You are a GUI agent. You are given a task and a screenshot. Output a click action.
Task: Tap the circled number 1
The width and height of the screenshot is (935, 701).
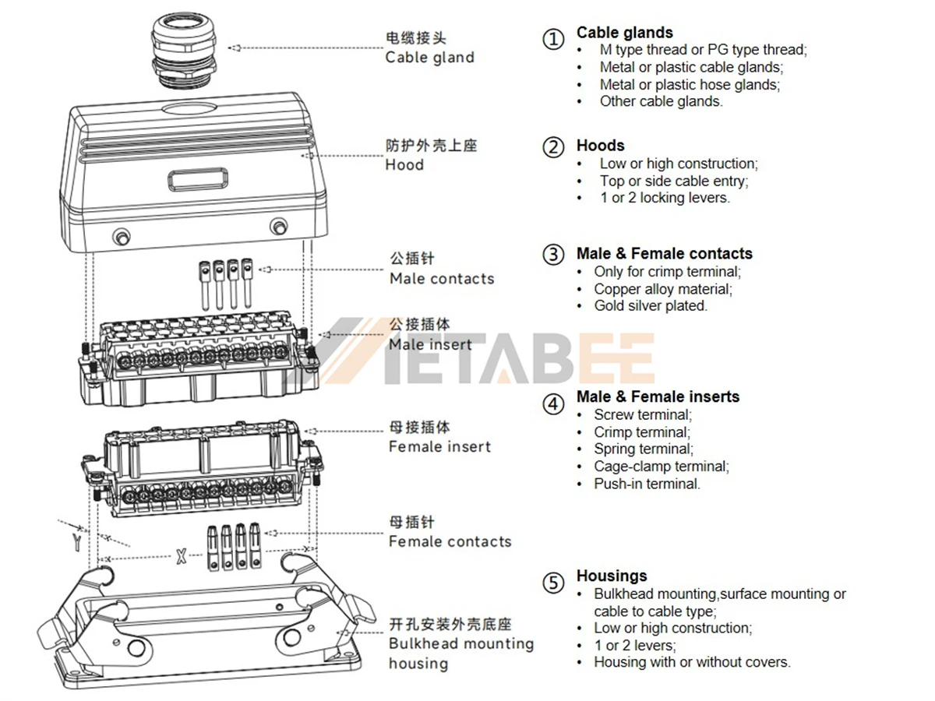pos(553,39)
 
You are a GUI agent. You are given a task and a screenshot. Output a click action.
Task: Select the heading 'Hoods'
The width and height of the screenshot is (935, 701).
pos(600,146)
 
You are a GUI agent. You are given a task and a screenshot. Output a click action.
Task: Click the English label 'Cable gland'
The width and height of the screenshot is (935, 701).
pos(429,58)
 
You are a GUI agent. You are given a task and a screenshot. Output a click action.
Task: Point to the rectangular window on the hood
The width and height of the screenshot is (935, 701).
pos(199,180)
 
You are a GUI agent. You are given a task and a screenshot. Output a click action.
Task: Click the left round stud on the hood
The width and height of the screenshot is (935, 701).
pos(121,235)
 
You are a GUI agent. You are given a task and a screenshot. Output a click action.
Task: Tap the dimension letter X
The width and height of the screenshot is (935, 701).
pos(181,556)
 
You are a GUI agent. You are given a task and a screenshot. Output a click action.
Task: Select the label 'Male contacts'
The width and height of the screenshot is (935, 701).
pos(442,279)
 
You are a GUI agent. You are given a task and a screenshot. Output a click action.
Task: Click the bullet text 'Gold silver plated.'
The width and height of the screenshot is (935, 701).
pos(651,306)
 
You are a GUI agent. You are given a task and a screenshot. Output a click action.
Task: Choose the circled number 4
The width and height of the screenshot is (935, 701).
pos(553,403)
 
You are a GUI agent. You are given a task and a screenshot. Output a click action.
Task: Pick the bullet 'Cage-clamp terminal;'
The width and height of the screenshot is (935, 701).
pos(662,467)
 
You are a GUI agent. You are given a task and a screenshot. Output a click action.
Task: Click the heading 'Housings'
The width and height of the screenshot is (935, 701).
pos(612,576)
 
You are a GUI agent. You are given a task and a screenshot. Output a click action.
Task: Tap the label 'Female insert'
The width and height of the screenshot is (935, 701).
pos(440,447)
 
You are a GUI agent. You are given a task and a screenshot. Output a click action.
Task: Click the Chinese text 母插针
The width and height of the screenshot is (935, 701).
pos(412,522)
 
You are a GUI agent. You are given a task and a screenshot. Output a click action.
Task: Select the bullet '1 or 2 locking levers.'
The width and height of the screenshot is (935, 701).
pos(665,198)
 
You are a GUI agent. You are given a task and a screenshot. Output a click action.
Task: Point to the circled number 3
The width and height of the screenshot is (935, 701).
pos(553,254)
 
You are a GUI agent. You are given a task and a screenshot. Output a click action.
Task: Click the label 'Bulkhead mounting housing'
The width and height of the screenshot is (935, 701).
pos(461,653)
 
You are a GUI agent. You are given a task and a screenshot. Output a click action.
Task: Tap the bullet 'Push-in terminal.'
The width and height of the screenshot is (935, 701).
pos(647,484)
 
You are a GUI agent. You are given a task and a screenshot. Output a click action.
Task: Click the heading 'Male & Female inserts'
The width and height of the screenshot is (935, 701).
pos(658,396)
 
